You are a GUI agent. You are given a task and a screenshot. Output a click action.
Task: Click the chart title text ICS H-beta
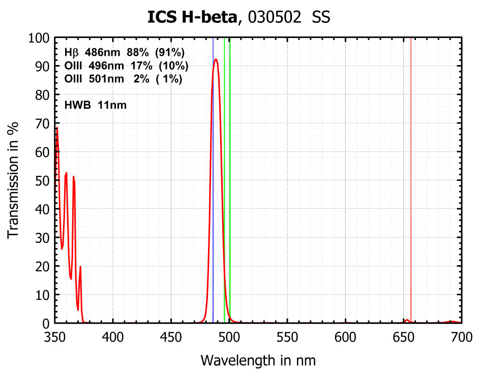point(192,18)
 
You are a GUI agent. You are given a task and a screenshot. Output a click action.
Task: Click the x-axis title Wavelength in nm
point(258,360)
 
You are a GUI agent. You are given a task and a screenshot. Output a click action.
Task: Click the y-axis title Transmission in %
point(14,180)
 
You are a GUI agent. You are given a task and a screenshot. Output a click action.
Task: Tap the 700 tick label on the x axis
point(461,336)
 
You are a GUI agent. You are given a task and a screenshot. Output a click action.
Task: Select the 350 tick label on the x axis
point(55,336)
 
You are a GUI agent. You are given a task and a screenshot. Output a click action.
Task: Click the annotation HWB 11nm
point(96,106)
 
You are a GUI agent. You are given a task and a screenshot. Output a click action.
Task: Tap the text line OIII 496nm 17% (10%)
point(127,66)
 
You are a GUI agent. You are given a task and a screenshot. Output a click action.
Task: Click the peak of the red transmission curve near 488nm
point(216,59)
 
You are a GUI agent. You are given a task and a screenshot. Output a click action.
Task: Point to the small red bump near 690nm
point(451,321)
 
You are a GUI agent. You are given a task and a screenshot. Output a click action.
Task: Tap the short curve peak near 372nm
point(80,267)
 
